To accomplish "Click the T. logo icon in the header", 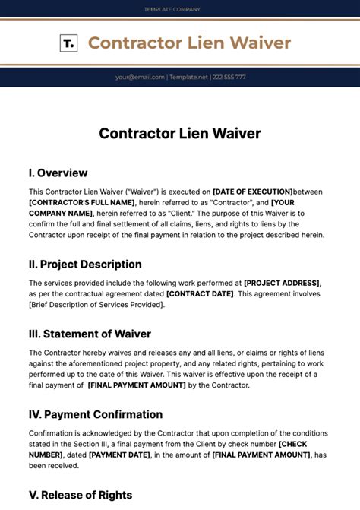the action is pyautogui.click(x=68, y=43).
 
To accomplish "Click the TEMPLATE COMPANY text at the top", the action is pyautogui.click(x=172, y=9).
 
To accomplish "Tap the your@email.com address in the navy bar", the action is pyautogui.click(x=139, y=77).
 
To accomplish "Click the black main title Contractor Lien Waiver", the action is pyautogui.click(x=180, y=134).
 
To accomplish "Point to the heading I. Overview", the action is pyautogui.click(x=58, y=173).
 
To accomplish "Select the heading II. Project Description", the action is pyautogui.click(x=85, y=265).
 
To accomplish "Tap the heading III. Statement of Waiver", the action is pyautogui.click(x=90, y=334).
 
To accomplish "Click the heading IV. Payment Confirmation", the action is pyautogui.click(x=96, y=414).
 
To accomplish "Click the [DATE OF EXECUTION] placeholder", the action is pyautogui.click(x=252, y=192).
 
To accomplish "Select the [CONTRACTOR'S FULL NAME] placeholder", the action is pyautogui.click(x=81, y=203).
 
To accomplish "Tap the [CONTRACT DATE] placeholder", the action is pyautogui.click(x=201, y=293).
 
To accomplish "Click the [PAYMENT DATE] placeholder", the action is pyautogui.click(x=120, y=455).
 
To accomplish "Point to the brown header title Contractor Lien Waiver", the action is pyautogui.click(x=189, y=43).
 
